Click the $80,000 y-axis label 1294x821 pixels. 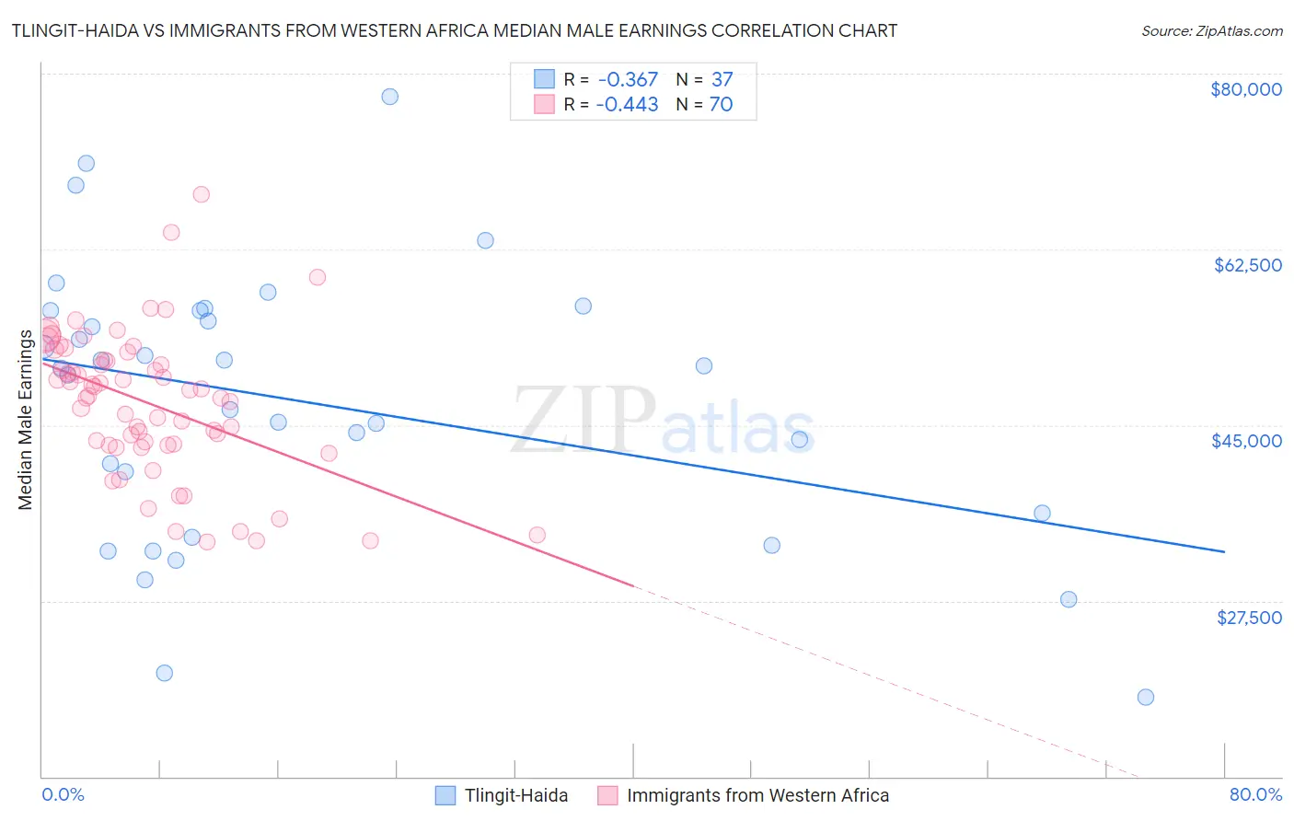(1245, 89)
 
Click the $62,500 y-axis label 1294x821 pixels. (1247, 265)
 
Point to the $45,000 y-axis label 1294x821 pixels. (1246, 441)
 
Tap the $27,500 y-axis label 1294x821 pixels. (1249, 618)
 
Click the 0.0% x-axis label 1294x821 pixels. (63, 795)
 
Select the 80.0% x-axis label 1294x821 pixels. (1255, 795)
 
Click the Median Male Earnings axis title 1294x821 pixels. (26, 420)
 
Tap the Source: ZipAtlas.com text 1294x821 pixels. (1211, 31)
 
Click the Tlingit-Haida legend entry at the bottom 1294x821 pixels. (515, 796)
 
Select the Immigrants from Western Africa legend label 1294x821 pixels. (757, 796)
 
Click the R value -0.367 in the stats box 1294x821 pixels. (627, 80)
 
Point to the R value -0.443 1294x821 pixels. (627, 105)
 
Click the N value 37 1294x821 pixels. (722, 80)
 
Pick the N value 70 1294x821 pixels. (721, 105)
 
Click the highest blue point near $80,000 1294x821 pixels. (389, 97)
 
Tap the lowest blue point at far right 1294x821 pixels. (1145, 698)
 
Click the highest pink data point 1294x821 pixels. (201, 194)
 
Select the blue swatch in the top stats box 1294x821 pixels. (545, 80)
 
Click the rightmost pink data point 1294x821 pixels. (537, 535)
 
